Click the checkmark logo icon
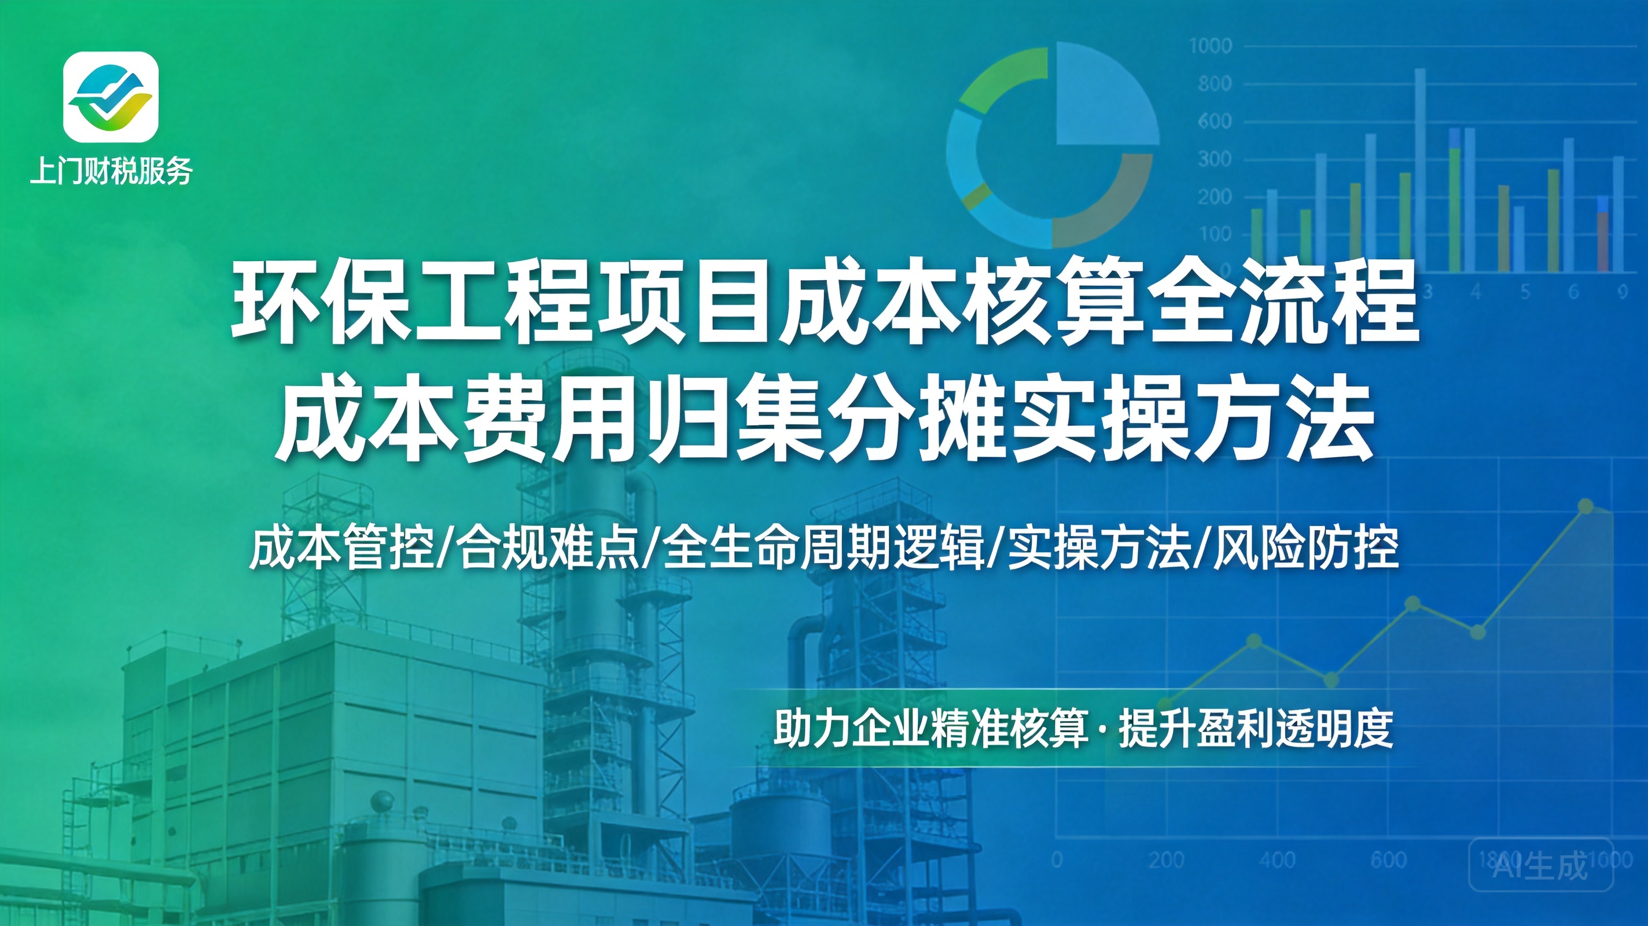coord(111,97)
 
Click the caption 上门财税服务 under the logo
coord(111,171)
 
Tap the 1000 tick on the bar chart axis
coord(1211,46)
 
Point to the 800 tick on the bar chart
coord(1214,84)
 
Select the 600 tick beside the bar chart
coord(1214,122)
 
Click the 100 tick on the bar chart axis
coord(1214,234)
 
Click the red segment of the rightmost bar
coord(1603,241)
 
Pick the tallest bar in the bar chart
coord(1419,170)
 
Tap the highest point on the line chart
coord(1586,506)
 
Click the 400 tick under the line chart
coord(1278,859)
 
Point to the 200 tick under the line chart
coord(1166,859)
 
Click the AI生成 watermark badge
coord(1540,864)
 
